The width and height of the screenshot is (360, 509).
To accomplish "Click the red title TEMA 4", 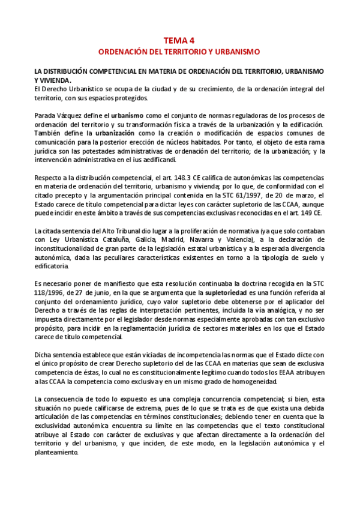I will (x=179, y=41).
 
